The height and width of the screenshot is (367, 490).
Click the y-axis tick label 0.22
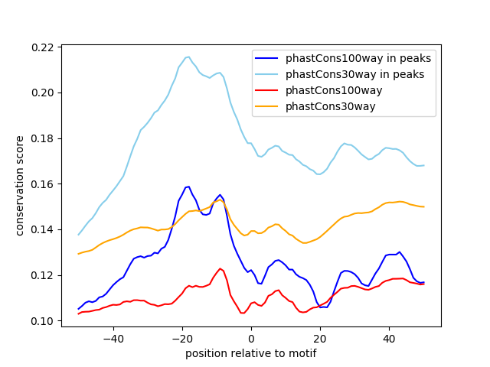coord(43,47)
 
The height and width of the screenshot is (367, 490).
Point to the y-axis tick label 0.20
coord(43,93)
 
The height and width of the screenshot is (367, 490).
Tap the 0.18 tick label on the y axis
coord(43,138)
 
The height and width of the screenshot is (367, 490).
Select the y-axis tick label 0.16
coord(43,184)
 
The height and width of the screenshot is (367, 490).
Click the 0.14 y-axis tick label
coord(43,229)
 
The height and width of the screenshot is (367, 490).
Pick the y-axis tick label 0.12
coord(43,275)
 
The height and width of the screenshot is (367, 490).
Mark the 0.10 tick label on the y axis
coord(43,321)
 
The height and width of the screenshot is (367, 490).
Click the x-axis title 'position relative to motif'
coord(250,353)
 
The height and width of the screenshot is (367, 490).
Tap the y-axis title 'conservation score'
coord(21,185)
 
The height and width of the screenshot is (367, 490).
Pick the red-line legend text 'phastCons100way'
coord(334,90)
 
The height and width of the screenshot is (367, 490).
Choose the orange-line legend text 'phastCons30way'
coord(331,106)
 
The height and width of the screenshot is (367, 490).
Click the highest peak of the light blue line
coord(188,56)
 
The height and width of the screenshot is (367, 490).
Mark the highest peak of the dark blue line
coord(187,186)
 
